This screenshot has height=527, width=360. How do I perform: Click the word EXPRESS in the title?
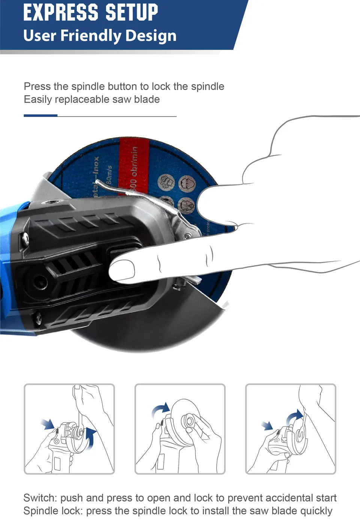(60, 12)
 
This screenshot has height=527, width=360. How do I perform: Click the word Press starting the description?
(37, 87)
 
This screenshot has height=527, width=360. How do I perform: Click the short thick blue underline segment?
(40, 116)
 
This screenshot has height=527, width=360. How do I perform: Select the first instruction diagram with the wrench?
(69, 429)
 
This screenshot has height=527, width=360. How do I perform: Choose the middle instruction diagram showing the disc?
(180, 429)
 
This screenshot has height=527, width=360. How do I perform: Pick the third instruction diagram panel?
(291, 429)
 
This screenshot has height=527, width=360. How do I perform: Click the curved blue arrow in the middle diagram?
(160, 410)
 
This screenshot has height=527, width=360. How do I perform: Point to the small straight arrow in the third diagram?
(267, 426)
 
